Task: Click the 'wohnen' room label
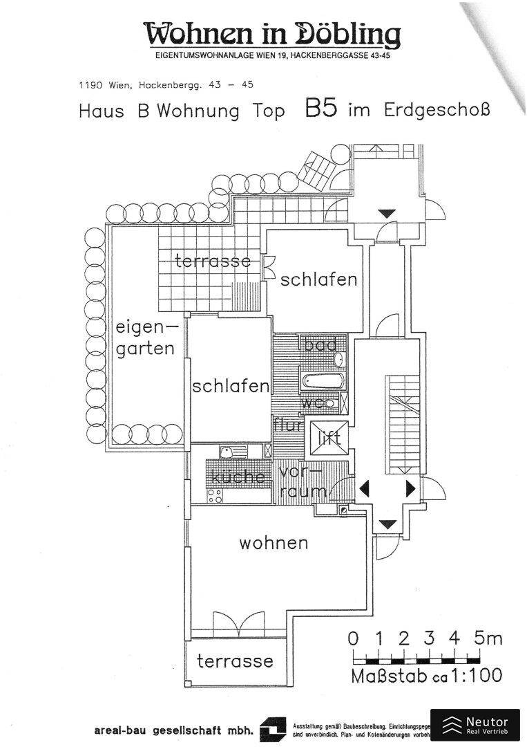[274, 544]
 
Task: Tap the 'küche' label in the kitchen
[238, 477]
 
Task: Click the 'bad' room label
[320, 344]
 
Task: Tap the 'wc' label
[312, 402]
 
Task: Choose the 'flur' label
[287, 425]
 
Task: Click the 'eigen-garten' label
[145, 338]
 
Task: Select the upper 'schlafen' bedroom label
[318, 279]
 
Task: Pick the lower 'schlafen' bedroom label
[230, 386]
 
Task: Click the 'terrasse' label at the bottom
[235, 661]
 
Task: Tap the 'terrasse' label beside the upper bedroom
[213, 261]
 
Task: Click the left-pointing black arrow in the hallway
[364, 488]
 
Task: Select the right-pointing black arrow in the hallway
[411, 488]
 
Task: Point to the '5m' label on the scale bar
[488, 638]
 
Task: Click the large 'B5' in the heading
[320, 109]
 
